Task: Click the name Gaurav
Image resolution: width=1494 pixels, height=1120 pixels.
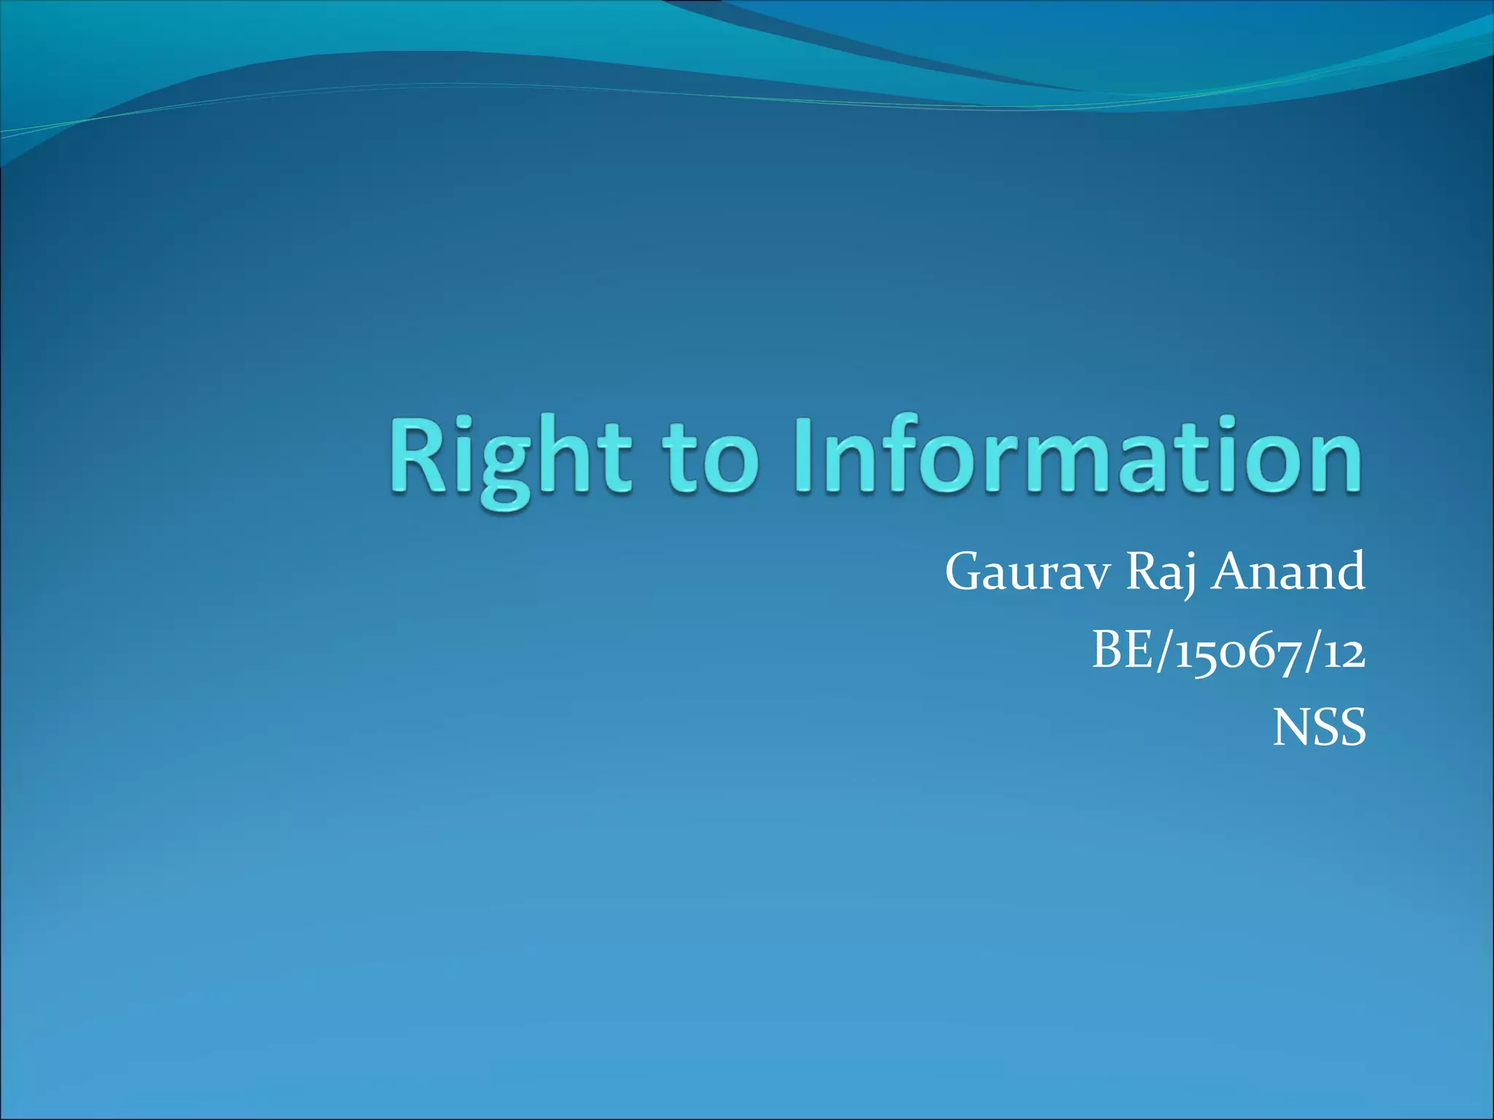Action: [1028, 572]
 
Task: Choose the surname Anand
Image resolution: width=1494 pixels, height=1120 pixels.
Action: [1288, 572]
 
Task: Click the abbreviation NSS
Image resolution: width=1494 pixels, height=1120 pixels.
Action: [1319, 728]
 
